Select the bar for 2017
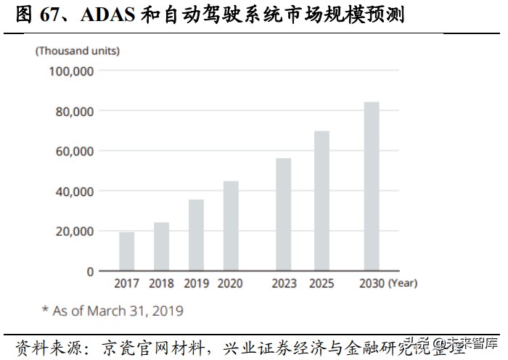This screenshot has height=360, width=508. pyautogui.click(x=127, y=251)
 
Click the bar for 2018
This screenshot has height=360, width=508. pyautogui.click(x=161, y=247)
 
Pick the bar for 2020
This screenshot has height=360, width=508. pyautogui.click(x=231, y=226)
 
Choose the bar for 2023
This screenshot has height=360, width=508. pyautogui.click(x=283, y=215)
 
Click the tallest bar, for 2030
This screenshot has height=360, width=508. pyautogui.click(x=371, y=187)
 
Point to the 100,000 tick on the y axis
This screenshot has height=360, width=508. pyautogui.click(x=71, y=71)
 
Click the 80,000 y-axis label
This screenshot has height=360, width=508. pyautogui.click(x=74, y=111)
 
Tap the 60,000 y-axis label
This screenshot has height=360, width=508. pyautogui.click(x=74, y=151)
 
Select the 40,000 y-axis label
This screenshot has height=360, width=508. pyautogui.click(x=74, y=191)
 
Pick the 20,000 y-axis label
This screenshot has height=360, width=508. pyautogui.click(x=74, y=231)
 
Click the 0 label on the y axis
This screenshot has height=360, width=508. pyautogui.click(x=91, y=271)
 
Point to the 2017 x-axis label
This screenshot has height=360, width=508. pyautogui.click(x=127, y=284)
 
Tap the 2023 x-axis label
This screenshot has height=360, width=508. pyautogui.click(x=283, y=284)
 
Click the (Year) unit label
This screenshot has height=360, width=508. pyautogui.click(x=403, y=284)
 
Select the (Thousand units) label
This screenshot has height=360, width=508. pyautogui.click(x=78, y=51)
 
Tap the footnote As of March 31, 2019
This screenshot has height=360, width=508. pyautogui.click(x=112, y=311)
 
